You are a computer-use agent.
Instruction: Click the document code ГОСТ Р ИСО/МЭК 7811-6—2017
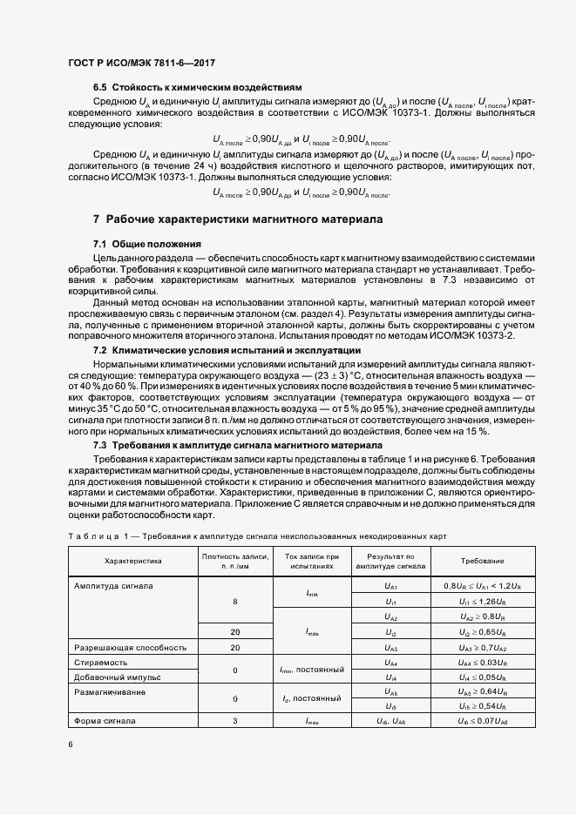[141, 64]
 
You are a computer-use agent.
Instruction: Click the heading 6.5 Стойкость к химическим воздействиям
[197, 88]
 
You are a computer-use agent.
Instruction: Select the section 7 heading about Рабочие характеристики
[237, 219]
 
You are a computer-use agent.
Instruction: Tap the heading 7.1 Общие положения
[147, 244]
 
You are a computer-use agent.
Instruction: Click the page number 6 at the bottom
[71, 744]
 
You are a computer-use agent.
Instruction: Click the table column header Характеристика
[133, 561]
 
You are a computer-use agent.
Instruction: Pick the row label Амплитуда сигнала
[114, 586]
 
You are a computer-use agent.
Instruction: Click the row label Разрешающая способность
[132, 648]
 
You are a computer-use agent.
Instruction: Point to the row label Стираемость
[100, 663]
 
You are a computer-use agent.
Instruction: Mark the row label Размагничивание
[111, 691]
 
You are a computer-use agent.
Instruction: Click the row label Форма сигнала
[105, 721]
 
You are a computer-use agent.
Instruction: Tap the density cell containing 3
[235, 721]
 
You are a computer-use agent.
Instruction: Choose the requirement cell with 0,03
[482, 663]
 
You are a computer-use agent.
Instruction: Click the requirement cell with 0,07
[482, 721]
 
